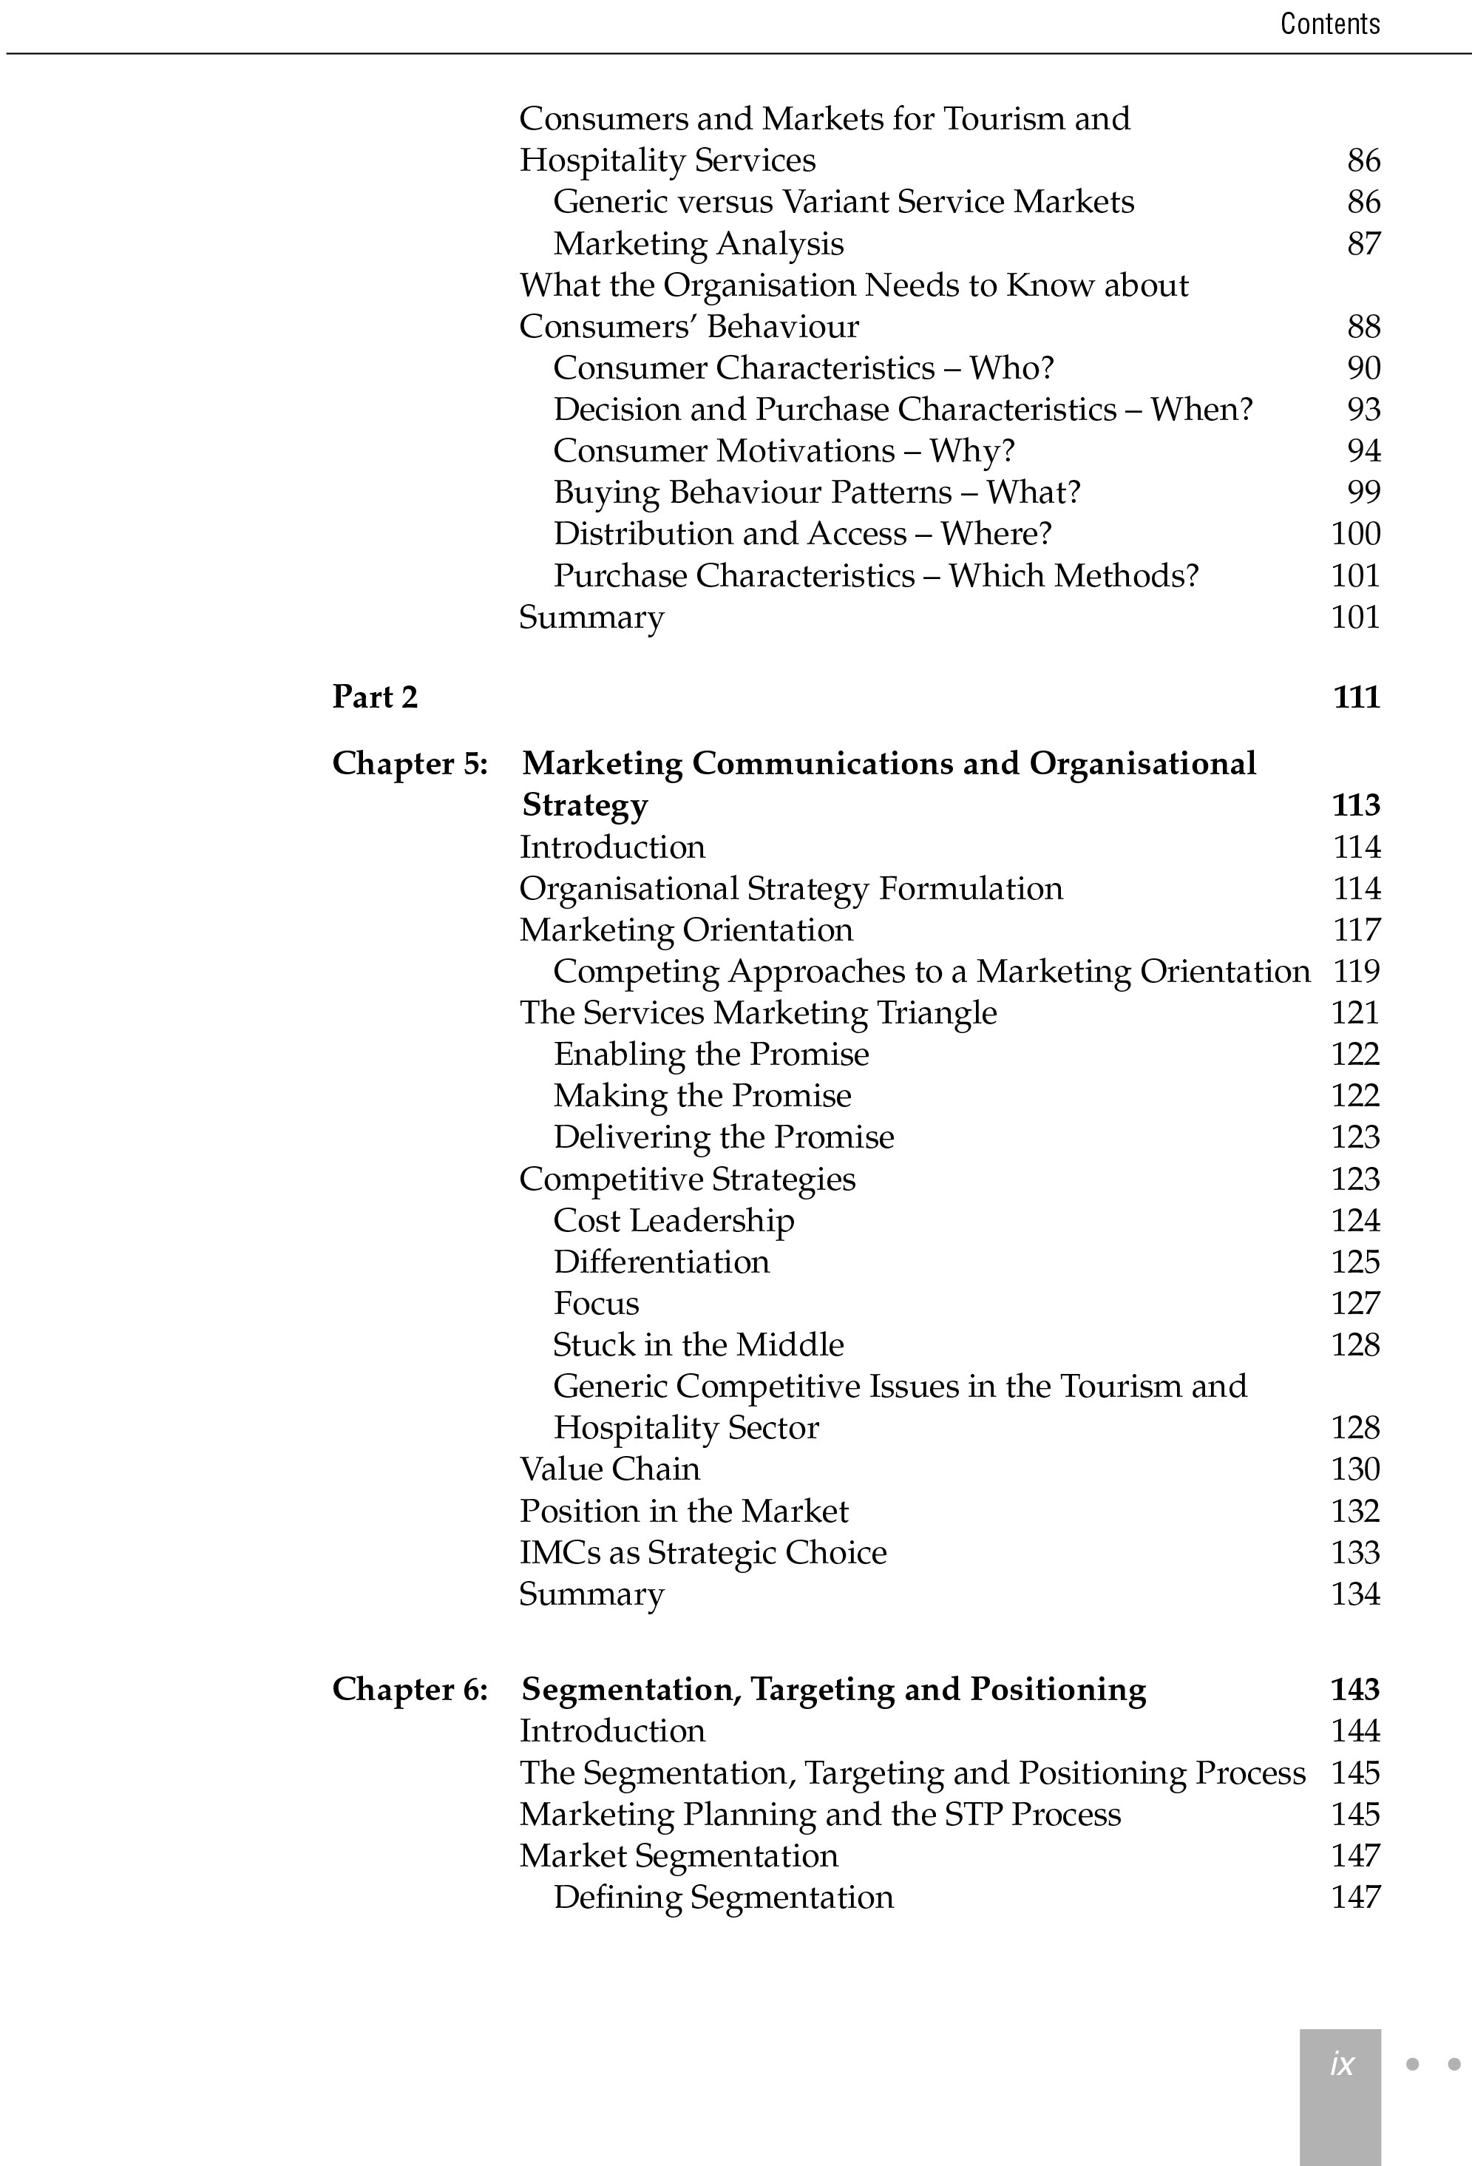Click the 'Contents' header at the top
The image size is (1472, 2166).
coord(1329,24)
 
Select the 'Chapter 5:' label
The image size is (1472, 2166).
coord(410,763)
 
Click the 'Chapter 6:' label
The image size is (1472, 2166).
coord(410,1689)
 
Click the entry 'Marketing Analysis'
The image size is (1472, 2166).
coord(698,243)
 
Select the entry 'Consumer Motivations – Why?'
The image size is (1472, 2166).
coord(784,451)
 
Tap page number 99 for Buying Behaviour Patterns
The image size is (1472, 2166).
coord(1363,492)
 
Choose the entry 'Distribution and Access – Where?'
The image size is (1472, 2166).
coord(802,534)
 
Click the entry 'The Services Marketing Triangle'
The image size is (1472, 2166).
coord(757,1012)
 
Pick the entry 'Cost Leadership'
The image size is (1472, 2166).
coord(674,1220)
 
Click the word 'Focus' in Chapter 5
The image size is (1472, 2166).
coord(596,1303)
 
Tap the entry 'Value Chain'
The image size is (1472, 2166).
coord(609,1469)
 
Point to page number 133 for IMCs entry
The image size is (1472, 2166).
coord(1354,1551)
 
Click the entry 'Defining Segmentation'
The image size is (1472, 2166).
coord(723,1897)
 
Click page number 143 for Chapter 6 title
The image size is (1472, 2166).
coord(1354,1689)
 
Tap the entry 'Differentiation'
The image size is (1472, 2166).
coord(662,1262)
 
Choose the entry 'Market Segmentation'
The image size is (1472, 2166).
coord(678,1855)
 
